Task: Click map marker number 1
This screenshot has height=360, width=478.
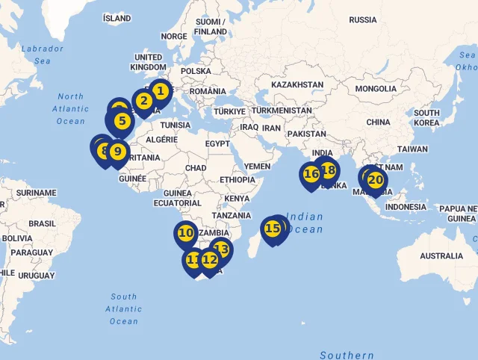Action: click(160, 91)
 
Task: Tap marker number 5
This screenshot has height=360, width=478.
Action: click(122, 120)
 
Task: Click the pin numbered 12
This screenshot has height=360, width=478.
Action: click(210, 260)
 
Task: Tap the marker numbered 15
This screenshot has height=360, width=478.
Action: click(273, 229)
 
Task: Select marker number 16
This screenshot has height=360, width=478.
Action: click(311, 174)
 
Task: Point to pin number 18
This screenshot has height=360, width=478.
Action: click(328, 170)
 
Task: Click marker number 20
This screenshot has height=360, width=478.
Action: click(376, 180)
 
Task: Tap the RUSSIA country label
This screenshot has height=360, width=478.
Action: click(363, 19)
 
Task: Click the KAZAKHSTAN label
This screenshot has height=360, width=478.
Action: click(297, 85)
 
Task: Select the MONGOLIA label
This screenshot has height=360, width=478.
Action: click(376, 89)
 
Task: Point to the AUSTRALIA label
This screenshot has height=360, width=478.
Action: click(441, 256)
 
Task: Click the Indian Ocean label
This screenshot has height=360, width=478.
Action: click(305, 223)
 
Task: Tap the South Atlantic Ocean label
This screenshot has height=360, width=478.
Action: click(124, 308)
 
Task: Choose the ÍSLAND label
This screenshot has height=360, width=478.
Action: click(117, 18)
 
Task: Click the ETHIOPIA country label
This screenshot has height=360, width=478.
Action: click(238, 180)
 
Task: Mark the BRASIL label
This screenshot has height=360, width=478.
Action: click(42, 223)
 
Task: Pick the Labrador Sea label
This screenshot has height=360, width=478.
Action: click(43, 55)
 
